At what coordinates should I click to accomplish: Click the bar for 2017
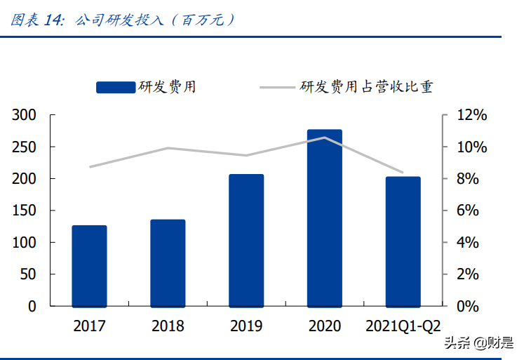(x=89, y=266)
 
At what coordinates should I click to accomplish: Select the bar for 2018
(x=168, y=263)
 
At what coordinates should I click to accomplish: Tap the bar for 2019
(x=246, y=240)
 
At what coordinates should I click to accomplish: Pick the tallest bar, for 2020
(x=325, y=218)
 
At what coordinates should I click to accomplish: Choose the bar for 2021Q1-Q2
(x=403, y=241)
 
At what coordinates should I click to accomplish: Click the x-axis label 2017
(x=89, y=326)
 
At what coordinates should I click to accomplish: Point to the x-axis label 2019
(x=246, y=326)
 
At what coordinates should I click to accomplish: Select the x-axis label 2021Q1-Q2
(x=403, y=326)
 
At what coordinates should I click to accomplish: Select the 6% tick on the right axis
(x=467, y=211)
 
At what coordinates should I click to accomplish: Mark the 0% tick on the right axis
(x=467, y=307)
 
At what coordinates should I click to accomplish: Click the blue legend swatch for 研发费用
(x=116, y=87)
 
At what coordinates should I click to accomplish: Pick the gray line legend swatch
(x=278, y=87)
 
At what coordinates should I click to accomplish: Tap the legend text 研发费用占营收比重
(x=367, y=87)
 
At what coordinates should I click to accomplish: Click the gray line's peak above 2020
(x=325, y=138)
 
